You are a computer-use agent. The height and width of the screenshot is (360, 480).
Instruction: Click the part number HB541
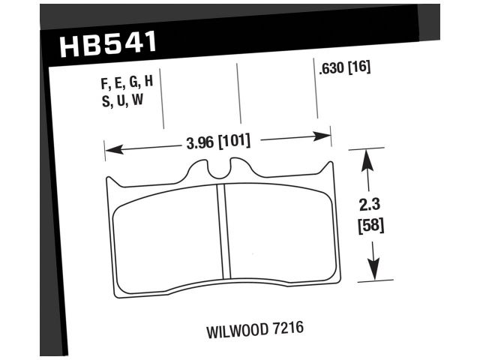point(107,45)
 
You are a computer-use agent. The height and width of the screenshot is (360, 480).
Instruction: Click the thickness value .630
point(331,68)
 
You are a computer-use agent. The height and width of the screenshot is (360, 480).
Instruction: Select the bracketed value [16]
point(359,68)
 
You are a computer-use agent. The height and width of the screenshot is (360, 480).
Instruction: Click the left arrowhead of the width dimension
point(109,148)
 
